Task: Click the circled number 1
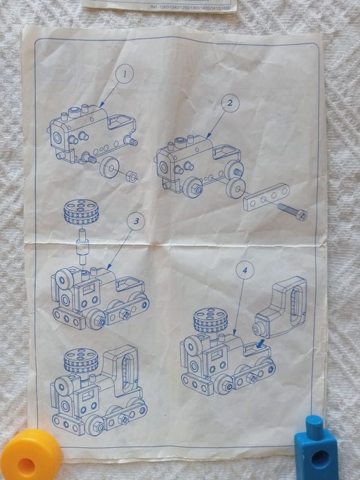tap(124, 74)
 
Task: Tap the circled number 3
tap(133, 221)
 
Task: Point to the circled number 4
tap(244, 271)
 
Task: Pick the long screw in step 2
tap(291, 211)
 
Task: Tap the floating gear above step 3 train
tap(78, 212)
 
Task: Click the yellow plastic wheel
tap(30, 455)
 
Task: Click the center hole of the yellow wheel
tap(26, 465)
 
